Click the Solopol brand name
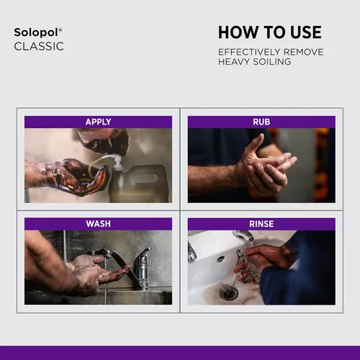click(x=36, y=32)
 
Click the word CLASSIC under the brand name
click(x=39, y=46)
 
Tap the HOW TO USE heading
click(x=270, y=32)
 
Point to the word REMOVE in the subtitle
click(x=304, y=52)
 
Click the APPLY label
click(x=98, y=122)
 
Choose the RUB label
click(x=261, y=122)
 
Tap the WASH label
click(x=98, y=224)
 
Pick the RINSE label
click(x=261, y=224)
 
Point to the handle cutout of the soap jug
click(x=145, y=178)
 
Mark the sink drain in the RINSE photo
click(x=229, y=291)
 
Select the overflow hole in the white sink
click(x=220, y=259)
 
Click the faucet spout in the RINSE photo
click(x=243, y=235)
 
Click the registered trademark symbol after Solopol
click(x=60, y=30)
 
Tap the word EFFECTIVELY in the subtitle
click(x=249, y=52)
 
